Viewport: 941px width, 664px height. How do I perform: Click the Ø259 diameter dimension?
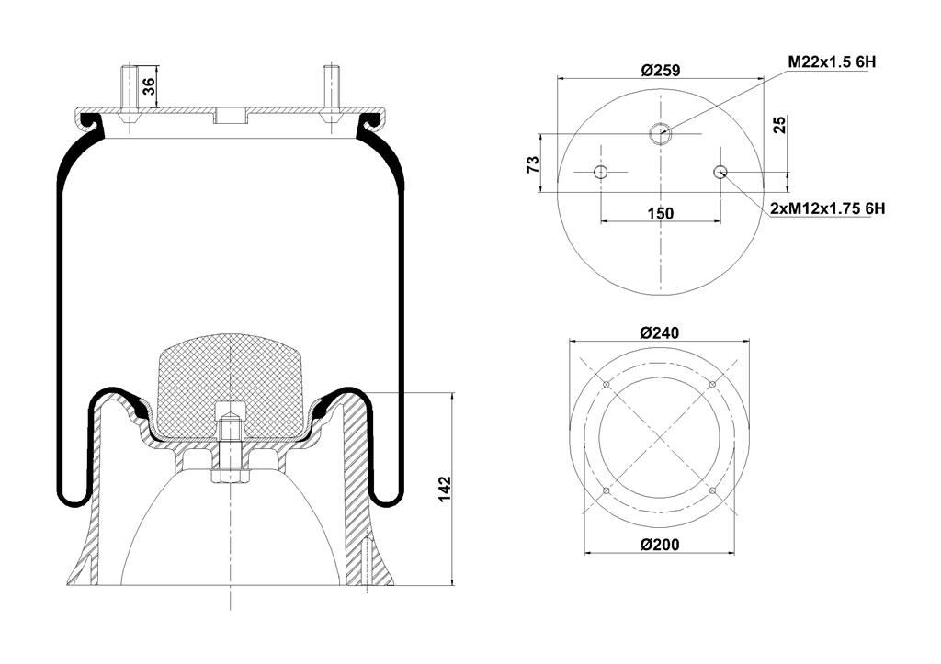click(x=660, y=70)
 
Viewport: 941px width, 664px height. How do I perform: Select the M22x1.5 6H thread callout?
click(x=832, y=62)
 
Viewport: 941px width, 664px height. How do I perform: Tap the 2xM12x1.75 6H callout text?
click(x=828, y=208)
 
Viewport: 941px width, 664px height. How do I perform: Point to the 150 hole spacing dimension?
click(x=661, y=213)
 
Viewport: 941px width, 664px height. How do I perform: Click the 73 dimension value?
click(x=532, y=164)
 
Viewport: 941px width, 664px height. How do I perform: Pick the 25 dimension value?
click(x=779, y=125)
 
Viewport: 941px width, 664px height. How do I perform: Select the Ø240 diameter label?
click(x=660, y=332)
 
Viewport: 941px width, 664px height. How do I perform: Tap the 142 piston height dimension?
click(x=444, y=490)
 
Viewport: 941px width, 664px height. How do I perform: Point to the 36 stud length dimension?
click(x=149, y=86)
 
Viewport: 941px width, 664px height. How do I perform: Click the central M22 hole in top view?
click(x=661, y=134)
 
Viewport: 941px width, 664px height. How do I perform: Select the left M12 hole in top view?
click(x=601, y=173)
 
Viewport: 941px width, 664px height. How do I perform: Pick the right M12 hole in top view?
click(x=720, y=173)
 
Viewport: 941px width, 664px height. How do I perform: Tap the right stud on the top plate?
click(x=330, y=90)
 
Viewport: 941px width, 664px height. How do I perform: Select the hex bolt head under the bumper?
click(x=231, y=478)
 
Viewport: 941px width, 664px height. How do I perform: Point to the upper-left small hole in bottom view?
click(x=607, y=385)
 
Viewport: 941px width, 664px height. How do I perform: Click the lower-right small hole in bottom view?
click(x=712, y=491)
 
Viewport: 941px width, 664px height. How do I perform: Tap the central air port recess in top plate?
click(x=231, y=116)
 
